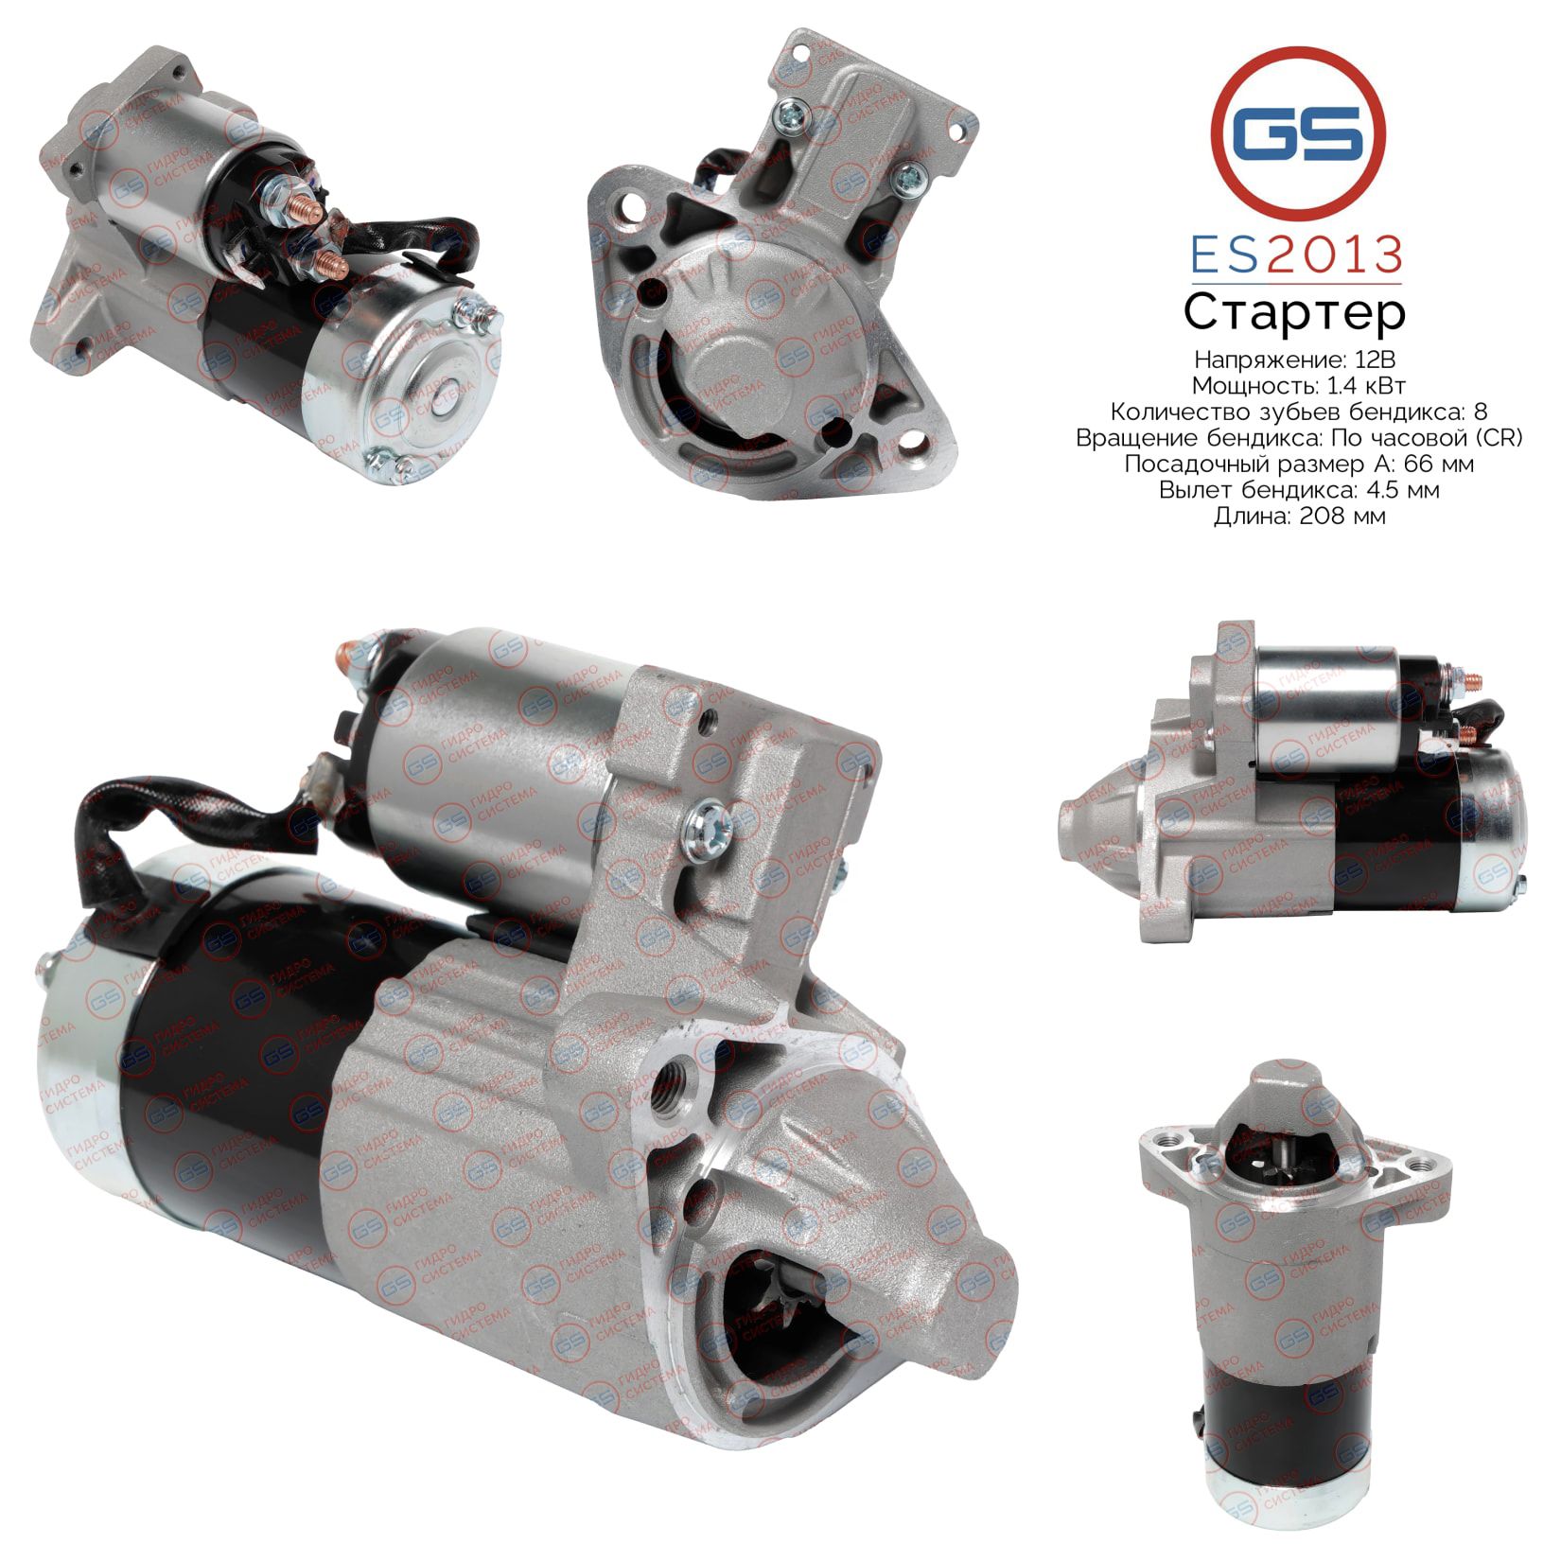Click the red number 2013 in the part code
pos(1333,255)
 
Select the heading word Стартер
pos(1294,313)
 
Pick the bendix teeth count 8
pos(1481,412)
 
